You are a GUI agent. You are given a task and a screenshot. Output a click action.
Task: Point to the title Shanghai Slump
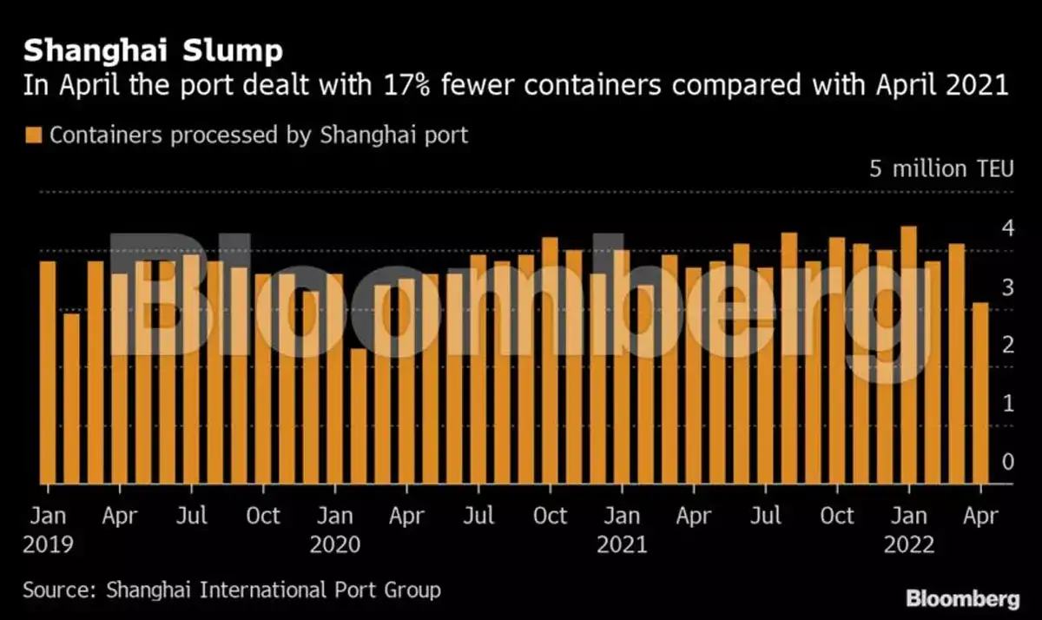point(153,51)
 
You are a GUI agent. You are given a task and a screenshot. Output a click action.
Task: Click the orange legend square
point(33,135)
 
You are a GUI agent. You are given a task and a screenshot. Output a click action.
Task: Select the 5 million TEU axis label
point(941,168)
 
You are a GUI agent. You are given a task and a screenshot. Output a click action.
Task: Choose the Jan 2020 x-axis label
point(334,516)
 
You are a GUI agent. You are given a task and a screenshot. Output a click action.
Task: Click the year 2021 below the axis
point(622,545)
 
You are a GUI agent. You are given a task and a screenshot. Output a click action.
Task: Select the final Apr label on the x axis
point(980,516)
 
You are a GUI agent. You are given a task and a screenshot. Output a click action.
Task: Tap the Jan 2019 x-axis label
point(48,516)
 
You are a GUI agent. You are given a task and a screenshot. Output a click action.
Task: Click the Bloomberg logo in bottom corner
point(963,599)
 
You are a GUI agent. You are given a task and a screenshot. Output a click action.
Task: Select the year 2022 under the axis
point(908,545)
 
